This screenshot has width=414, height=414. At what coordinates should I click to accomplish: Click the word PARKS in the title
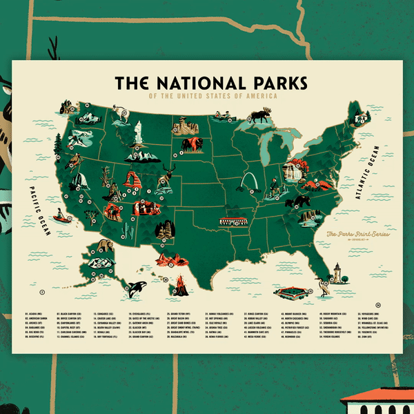[x=262, y=83]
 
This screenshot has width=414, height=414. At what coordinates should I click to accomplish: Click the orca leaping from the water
[x=132, y=284]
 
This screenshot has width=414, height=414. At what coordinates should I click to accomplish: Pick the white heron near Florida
[x=322, y=284]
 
